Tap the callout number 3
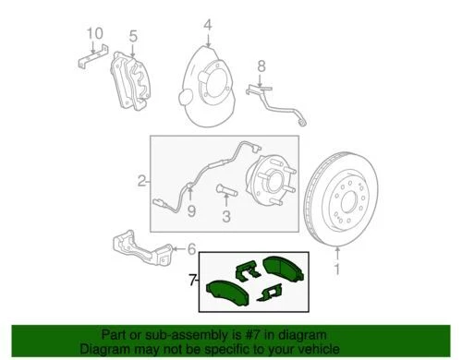[x=225, y=217]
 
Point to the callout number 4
[x=208, y=24]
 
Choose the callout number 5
[x=132, y=37]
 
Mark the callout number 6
[x=191, y=248]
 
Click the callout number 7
[x=191, y=277]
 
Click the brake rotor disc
[x=347, y=204]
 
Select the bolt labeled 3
[x=226, y=193]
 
